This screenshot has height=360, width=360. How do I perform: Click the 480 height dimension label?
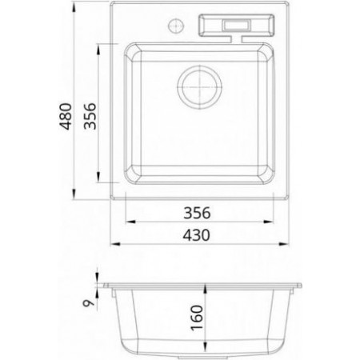[66, 116]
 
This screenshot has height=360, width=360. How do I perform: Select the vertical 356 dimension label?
[90, 116]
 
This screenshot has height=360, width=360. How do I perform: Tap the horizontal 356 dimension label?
[197, 213]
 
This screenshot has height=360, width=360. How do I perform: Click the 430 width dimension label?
[197, 235]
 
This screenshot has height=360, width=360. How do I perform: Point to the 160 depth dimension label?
[197, 318]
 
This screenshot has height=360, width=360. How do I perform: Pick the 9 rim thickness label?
[89, 303]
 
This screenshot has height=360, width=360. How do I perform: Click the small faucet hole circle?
[176, 26]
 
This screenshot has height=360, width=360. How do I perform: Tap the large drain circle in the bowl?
[199, 87]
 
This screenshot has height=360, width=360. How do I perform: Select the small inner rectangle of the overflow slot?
[236, 26]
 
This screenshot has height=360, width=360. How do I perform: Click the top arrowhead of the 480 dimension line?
[74, 7]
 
